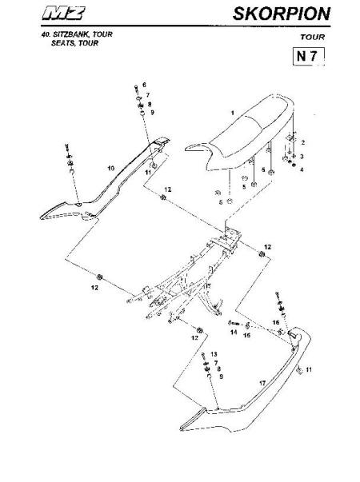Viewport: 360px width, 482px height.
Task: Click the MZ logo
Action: [x=63, y=14]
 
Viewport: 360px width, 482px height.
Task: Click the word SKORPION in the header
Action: [x=282, y=14]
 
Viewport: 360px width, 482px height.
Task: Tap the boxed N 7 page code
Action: [x=309, y=57]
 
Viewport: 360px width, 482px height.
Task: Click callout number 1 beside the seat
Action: [x=233, y=113]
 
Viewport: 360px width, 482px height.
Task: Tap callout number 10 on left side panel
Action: [x=110, y=168]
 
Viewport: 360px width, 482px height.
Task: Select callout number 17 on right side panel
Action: [x=262, y=383]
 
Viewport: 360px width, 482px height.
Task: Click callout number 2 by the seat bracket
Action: [x=303, y=142]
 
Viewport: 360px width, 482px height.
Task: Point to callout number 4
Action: [x=302, y=169]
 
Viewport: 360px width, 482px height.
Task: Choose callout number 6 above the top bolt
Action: [x=144, y=85]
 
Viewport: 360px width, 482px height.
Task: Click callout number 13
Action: [x=214, y=354]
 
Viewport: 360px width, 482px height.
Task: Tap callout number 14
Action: [x=234, y=332]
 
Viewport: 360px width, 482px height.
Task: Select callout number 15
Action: [x=246, y=335]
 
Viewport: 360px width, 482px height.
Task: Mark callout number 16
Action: [x=276, y=322]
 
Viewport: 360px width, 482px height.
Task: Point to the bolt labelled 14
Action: [x=234, y=324]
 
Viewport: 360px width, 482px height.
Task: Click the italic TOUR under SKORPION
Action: [x=313, y=38]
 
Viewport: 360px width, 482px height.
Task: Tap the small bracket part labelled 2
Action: [x=292, y=137]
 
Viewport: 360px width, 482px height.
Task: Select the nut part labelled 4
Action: [x=294, y=165]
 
